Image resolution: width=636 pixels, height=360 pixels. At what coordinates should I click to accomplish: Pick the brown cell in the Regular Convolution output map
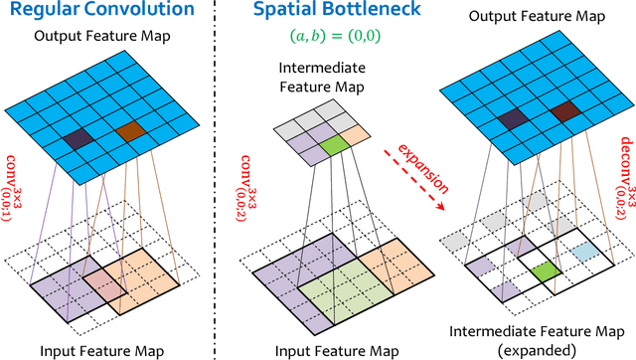(x=129, y=130)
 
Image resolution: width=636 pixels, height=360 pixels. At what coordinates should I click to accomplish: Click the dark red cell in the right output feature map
(x=565, y=111)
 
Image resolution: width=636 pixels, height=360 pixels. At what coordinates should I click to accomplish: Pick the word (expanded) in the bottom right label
(x=542, y=350)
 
